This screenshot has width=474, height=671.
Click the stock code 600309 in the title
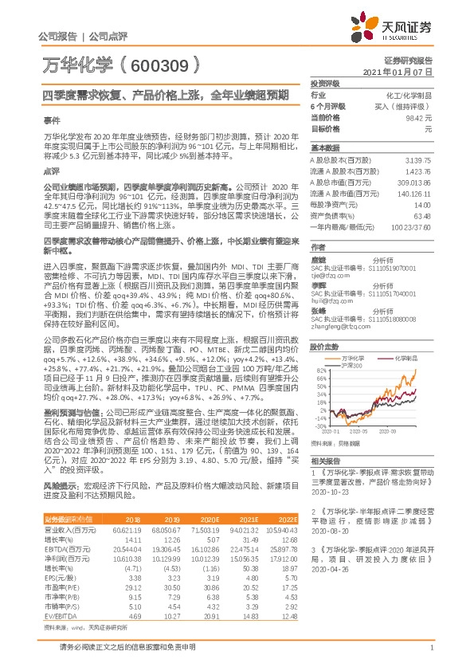pyautogui.click(x=165, y=64)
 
